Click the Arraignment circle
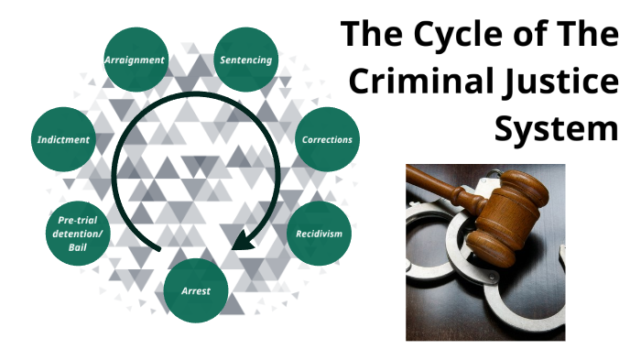(136, 60)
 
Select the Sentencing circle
(245, 60)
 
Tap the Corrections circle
(326, 139)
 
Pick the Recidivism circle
(319, 234)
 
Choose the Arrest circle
(195, 291)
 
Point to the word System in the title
(557, 128)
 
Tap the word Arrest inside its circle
(195, 291)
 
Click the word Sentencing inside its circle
(245, 60)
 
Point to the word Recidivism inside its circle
(319, 234)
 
